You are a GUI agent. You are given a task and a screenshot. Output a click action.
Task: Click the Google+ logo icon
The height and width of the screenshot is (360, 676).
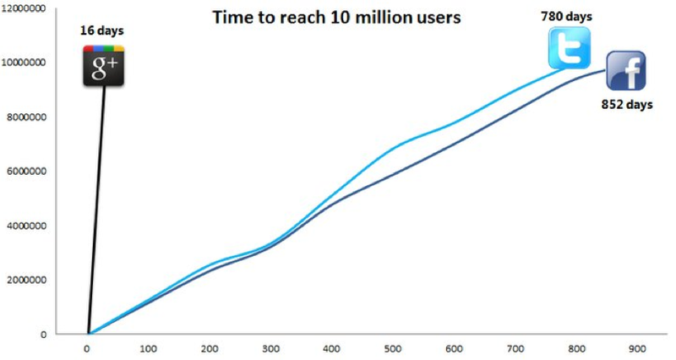coord(104,65)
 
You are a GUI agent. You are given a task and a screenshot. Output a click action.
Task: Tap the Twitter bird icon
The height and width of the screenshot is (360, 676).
coord(569,48)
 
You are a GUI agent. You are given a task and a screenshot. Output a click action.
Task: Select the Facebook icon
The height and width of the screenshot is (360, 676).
coord(625,71)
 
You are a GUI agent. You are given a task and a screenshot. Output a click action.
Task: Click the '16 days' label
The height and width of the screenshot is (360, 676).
coord(101,30)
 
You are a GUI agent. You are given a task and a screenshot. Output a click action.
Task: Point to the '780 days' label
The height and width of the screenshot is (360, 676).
coord(564,15)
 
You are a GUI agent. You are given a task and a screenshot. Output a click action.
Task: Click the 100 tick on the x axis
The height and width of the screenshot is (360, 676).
coord(149,348)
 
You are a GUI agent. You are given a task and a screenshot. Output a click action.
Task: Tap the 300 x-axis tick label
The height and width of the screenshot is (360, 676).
coord(271,348)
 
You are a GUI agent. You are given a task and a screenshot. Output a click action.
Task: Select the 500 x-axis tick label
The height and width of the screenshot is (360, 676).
coord(393,348)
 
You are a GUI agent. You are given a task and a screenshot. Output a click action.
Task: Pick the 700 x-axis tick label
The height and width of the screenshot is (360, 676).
coord(515,348)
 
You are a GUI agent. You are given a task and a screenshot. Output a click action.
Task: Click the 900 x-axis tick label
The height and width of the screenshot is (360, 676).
coord(637,348)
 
